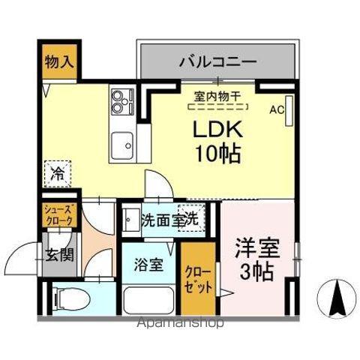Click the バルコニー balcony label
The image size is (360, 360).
pos(217,61)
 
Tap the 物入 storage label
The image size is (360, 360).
pos(58,61)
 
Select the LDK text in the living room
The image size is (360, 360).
pos(217,130)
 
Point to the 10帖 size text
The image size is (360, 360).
pos(217,154)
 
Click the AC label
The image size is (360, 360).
pos(277,110)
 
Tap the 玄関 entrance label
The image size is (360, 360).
pos(58,254)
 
